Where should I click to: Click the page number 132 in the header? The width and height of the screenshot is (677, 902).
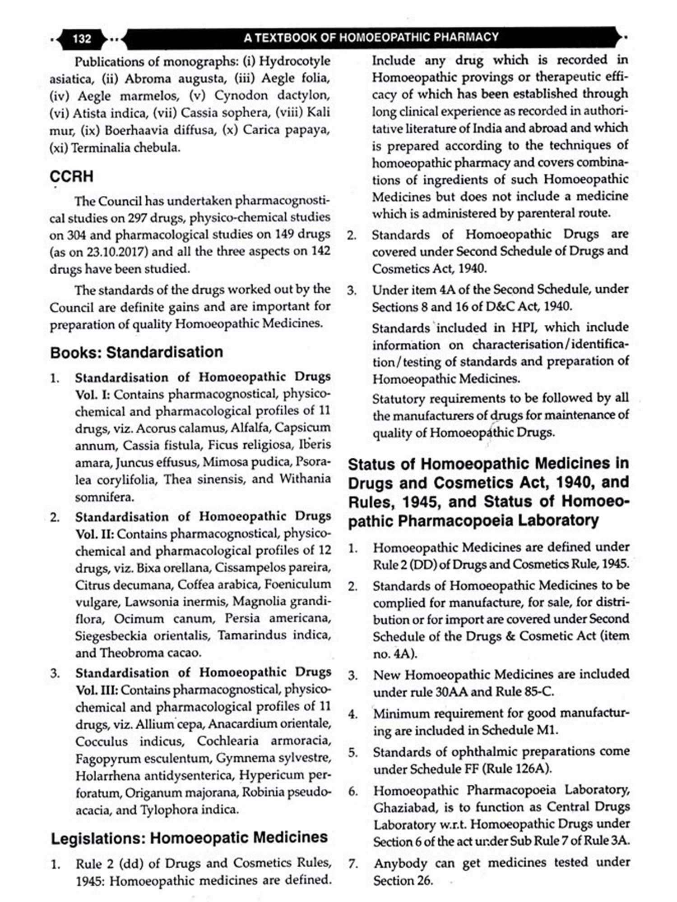coord(82,38)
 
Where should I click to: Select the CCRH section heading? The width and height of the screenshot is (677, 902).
coord(72,176)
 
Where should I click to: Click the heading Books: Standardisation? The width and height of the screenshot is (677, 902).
coord(136,352)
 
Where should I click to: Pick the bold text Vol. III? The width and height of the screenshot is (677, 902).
coord(97,690)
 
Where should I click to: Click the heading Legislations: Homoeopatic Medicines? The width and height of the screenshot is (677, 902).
coord(189,838)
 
